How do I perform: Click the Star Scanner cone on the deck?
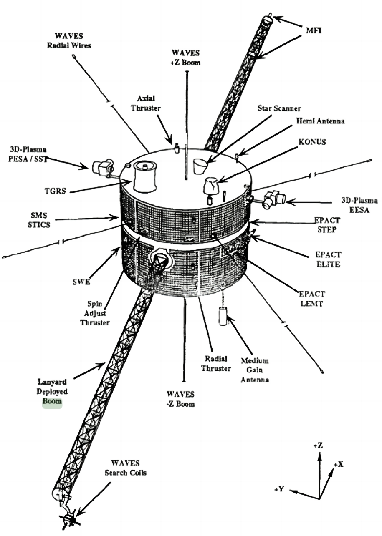(x=201, y=166)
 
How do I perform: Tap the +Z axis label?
(x=318, y=446)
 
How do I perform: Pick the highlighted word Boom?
(x=52, y=401)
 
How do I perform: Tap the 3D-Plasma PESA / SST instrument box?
(x=101, y=168)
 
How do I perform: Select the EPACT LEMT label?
(x=313, y=299)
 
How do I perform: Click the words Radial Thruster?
(x=215, y=363)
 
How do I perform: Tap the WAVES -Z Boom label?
(x=180, y=398)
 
